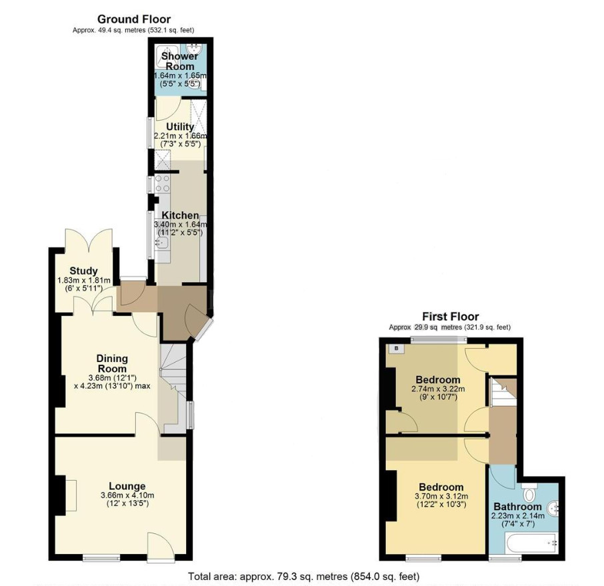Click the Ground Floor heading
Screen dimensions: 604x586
coord(133,19)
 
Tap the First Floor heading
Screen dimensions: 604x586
coord(450,317)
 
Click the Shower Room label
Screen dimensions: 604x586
coord(179,61)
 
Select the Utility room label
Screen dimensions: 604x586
coord(180,127)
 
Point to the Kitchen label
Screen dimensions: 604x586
coord(180,215)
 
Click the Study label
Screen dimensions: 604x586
coord(83,271)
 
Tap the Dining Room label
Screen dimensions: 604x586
coord(112,363)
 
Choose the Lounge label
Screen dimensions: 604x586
coord(127,486)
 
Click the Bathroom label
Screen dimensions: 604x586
coord(518,506)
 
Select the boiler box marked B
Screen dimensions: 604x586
coord(397,349)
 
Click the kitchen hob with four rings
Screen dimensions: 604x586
coord(162,184)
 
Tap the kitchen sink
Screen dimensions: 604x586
coord(162,243)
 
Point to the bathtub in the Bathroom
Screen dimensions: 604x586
coord(532,543)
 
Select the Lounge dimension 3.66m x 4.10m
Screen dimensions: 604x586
coord(127,495)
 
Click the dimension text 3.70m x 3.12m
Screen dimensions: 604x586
coord(441,496)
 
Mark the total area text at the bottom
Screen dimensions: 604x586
coord(303,577)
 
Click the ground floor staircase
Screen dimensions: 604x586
coord(174,389)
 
